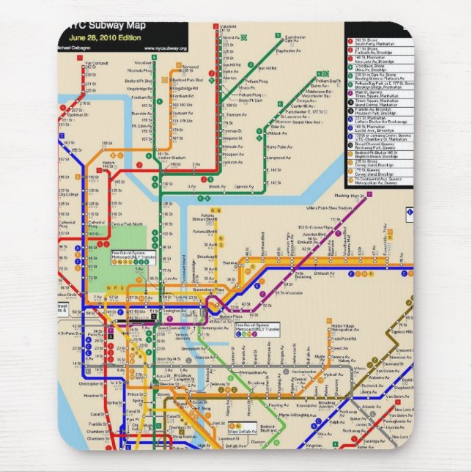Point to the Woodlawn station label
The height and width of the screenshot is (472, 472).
pos(143,63)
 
